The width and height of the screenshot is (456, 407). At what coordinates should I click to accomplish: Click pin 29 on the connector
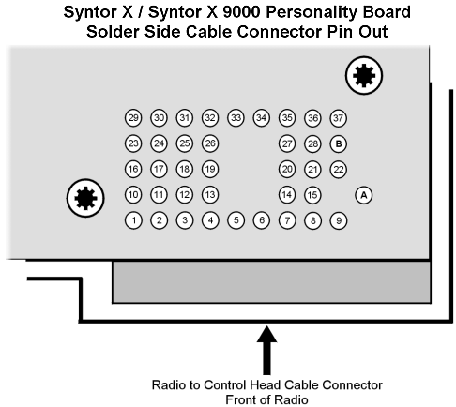click(133, 118)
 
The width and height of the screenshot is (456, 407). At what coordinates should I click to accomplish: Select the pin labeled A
click(364, 195)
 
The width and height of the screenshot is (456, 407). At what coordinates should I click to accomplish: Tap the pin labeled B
click(338, 143)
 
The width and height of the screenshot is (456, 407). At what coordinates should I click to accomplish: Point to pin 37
click(338, 118)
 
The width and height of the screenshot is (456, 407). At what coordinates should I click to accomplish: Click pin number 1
click(133, 220)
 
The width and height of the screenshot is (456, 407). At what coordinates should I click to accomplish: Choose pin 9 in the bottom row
click(339, 220)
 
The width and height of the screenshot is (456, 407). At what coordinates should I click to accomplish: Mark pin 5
click(236, 220)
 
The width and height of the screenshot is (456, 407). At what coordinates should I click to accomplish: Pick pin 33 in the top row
click(236, 118)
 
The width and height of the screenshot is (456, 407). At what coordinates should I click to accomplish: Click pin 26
click(210, 143)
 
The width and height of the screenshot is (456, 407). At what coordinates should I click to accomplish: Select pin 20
click(287, 169)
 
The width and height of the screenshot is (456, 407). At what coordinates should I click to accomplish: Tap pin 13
click(210, 195)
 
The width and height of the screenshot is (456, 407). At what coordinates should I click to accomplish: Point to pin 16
click(133, 169)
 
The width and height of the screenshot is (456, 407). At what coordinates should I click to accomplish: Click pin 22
click(338, 170)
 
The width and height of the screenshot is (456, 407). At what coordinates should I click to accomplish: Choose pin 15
click(312, 195)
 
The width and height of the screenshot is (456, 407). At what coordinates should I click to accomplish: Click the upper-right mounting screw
click(364, 75)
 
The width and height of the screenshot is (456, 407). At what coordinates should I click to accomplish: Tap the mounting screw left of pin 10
click(85, 198)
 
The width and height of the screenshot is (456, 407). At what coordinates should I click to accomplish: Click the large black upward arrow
click(266, 350)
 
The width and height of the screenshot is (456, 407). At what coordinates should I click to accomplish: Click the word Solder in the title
click(113, 32)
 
